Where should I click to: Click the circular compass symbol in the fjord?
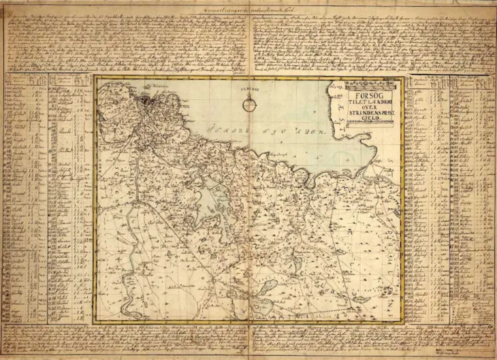250,104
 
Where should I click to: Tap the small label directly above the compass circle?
250,89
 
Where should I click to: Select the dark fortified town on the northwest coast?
146,103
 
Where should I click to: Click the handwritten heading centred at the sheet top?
248,7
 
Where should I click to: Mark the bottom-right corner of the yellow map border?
403,320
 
